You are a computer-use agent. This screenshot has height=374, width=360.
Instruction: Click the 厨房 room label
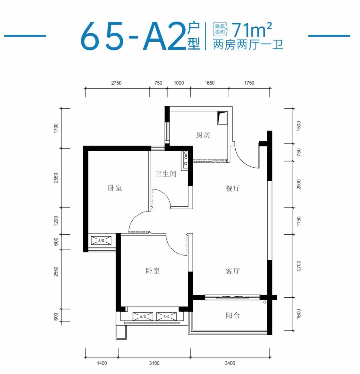click(203, 135)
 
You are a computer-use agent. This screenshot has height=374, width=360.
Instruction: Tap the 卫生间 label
click(166, 174)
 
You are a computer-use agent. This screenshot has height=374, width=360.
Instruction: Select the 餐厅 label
click(233, 188)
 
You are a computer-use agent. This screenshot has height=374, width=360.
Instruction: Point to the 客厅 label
click(233, 271)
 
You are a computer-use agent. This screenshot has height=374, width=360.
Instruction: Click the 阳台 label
click(233, 316)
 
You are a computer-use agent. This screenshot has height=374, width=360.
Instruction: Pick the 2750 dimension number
click(116, 83)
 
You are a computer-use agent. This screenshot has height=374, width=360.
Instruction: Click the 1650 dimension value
click(209, 83)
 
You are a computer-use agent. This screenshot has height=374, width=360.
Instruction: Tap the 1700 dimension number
click(56, 128)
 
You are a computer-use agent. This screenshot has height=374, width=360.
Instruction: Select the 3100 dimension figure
click(154, 363)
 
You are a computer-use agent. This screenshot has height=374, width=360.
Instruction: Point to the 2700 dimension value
click(299, 266)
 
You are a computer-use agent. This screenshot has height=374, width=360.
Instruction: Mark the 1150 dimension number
click(299, 221)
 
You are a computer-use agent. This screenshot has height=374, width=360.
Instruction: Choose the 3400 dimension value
click(230, 363)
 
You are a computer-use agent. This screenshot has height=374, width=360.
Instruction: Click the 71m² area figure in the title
click(251, 29)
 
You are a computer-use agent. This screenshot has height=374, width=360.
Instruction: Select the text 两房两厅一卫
click(248, 44)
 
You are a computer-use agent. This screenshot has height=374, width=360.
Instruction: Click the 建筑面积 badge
click(220, 29)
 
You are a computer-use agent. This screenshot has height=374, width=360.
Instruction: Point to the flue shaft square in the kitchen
click(222, 118)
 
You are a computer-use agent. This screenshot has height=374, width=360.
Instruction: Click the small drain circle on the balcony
click(265, 302)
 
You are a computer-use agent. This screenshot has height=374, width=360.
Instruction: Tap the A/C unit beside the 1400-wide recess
click(101, 240)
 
